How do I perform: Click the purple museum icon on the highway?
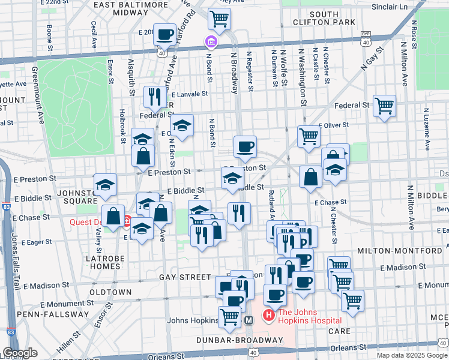pyautogui.click(x=211, y=42)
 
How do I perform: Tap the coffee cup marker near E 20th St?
pyautogui.click(x=164, y=35)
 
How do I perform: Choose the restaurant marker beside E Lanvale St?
pyautogui.click(x=155, y=97)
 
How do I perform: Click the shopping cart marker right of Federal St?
pyautogui.click(x=384, y=106)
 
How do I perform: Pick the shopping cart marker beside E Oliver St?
pyautogui.click(x=309, y=136)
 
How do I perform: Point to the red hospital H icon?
pyautogui.click(x=268, y=314)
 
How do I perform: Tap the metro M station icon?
pyautogui.click(x=249, y=320)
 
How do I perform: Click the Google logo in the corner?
pyautogui.click(x=20, y=353)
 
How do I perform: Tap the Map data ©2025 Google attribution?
pyautogui.click(x=412, y=355)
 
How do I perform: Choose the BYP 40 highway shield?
pyautogui.click(x=366, y=39)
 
